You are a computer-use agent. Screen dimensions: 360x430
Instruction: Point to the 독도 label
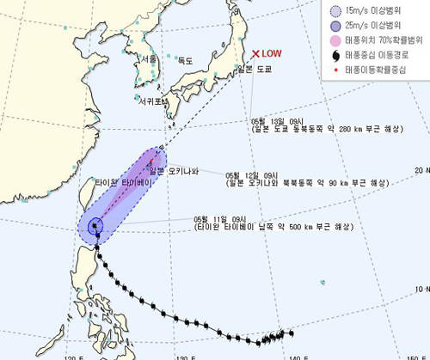183,60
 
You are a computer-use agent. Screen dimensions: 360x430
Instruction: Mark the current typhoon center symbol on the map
95,227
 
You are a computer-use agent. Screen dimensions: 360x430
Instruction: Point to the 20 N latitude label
421,171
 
